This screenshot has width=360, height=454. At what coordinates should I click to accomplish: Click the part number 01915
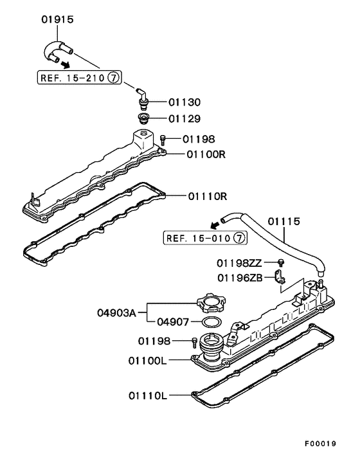57,20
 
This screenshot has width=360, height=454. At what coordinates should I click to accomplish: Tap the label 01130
184,102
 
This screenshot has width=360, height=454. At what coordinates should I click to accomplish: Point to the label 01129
184,119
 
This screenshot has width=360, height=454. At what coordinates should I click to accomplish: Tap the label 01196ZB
239,278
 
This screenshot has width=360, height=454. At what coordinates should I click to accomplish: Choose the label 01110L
147,396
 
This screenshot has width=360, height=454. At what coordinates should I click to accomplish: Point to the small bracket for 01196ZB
280,279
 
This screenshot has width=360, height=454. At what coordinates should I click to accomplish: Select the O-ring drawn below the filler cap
212,322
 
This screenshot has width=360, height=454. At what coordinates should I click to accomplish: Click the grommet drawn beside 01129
145,120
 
